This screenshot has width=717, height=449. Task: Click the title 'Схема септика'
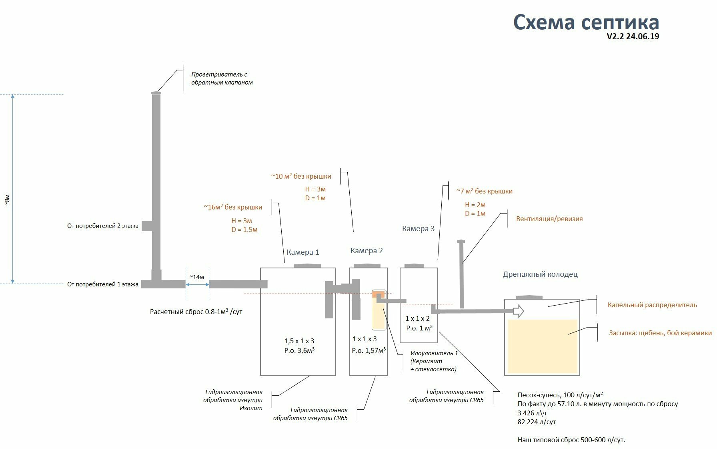click(586, 22)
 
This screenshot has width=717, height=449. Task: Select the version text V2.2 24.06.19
click(633, 36)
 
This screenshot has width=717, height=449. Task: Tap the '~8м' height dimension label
click(7, 200)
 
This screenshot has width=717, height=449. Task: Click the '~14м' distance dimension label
click(197, 277)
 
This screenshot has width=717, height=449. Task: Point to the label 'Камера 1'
click(303, 252)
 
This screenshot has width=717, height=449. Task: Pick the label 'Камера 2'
click(367, 251)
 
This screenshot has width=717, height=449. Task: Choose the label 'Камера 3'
click(418, 229)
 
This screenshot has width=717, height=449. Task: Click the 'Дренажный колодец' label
click(540, 274)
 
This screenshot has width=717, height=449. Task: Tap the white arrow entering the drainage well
click(519, 311)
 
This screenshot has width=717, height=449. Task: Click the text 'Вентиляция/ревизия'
click(549, 219)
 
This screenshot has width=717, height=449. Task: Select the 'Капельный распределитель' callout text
click(652, 305)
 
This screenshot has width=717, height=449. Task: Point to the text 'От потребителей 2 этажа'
click(103, 226)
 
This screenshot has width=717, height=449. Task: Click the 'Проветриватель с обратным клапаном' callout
click(222, 79)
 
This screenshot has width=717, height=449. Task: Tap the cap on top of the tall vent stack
click(156, 93)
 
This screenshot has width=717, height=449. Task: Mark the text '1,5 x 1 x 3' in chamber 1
click(299, 341)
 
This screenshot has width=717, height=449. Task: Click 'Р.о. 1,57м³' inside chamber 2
click(369, 350)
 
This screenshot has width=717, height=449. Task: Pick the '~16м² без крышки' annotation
click(233, 207)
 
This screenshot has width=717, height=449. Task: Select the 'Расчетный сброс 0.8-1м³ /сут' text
click(196, 311)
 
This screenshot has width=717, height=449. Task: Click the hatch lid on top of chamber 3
click(414, 266)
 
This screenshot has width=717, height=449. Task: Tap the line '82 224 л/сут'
click(537, 422)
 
